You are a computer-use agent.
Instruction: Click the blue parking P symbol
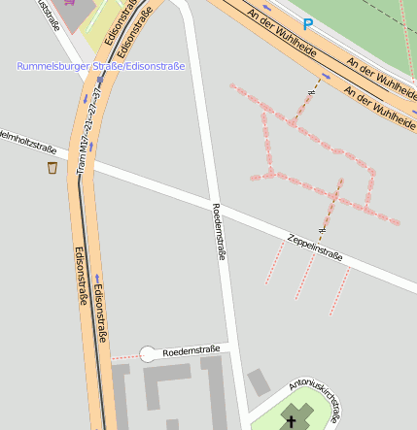click(308, 23)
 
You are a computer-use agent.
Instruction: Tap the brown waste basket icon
click(52, 168)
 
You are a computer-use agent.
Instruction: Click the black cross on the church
click(291, 421)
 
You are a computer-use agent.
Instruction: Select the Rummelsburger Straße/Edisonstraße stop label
click(100, 66)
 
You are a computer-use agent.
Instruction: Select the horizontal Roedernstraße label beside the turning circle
click(191, 349)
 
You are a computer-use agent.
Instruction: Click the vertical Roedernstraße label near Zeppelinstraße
click(219, 232)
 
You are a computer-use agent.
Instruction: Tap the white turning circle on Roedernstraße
click(149, 355)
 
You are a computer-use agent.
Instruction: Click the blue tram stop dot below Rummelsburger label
click(86, 99)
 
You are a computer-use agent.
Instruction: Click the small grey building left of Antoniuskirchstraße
click(259, 381)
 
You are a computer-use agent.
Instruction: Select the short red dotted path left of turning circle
click(125, 357)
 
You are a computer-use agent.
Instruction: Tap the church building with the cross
click(295, 415)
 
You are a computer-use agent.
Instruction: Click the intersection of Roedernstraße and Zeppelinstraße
click(216, 210)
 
